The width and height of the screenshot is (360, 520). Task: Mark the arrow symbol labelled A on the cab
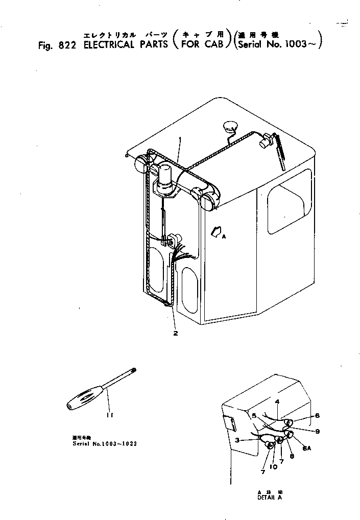217,233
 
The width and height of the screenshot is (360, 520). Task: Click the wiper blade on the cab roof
280,151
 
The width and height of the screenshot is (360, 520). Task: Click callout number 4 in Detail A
276,402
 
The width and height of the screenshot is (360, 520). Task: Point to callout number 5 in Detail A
254,416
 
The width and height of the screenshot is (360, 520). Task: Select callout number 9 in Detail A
317,432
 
